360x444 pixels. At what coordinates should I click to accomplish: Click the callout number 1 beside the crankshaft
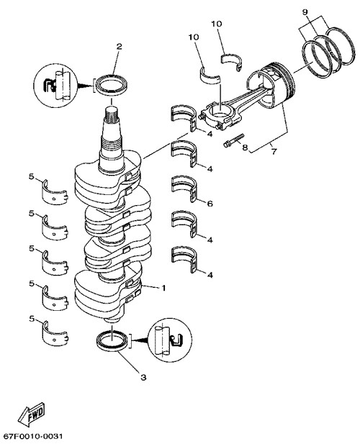tap(163, 289)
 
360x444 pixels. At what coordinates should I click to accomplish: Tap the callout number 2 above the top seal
tap(120, 47)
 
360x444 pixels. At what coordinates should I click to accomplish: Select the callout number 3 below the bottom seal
tap(143, 378)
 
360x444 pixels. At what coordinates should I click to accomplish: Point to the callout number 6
tap(210, 204)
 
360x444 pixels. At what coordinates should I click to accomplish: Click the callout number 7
tap(274, 152)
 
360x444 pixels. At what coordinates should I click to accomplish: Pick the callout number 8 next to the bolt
tap(245, 148)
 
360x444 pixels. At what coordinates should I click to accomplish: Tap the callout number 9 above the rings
tap(305, 12)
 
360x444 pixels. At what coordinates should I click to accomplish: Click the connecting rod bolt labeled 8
tap(233, 140)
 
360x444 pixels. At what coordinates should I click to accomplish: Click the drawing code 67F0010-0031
tap(31, 436)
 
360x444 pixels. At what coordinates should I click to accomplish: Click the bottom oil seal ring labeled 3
tap(112, 340)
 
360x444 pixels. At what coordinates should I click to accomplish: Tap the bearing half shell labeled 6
tap(184, 189)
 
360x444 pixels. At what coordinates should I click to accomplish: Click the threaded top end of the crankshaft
tap(112, 118)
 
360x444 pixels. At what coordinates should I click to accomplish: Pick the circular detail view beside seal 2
tap(55, 85)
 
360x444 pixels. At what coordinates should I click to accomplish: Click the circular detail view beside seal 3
tap(170, 340)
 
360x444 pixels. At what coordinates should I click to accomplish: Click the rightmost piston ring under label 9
tap(339, 45)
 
